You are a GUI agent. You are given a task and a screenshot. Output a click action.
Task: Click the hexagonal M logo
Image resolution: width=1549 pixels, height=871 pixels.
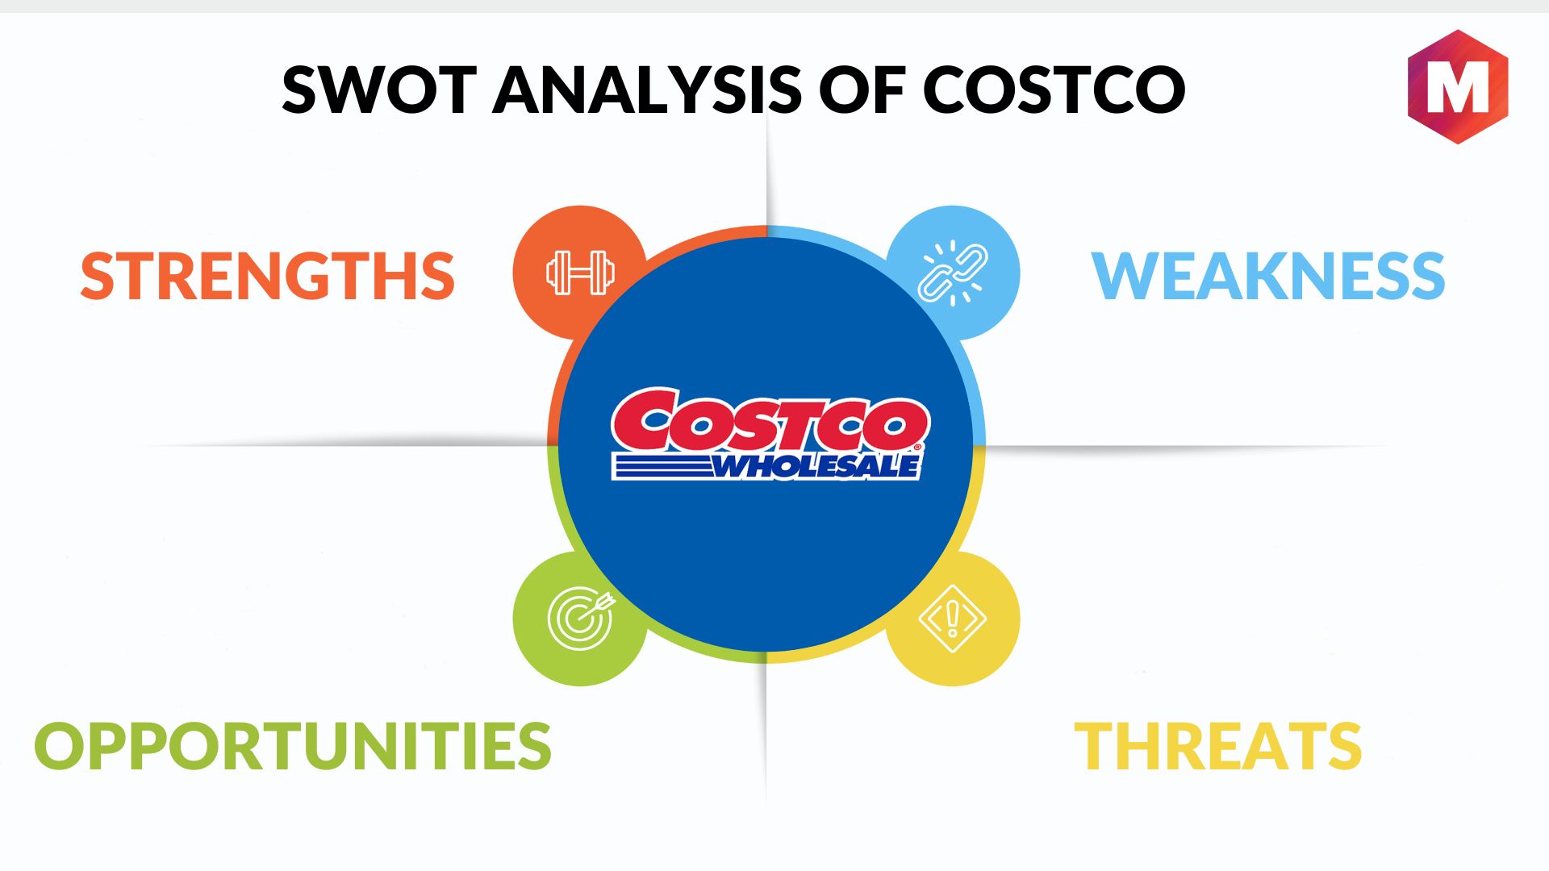tap(1458, 87)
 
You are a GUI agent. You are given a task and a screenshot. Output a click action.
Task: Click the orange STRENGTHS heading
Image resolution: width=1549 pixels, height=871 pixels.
tap(268, 276)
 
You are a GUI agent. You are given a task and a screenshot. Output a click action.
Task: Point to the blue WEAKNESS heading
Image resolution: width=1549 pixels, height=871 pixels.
tap(1268, 276)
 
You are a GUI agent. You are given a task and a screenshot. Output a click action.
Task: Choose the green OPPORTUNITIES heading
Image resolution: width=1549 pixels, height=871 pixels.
tap(293, 745)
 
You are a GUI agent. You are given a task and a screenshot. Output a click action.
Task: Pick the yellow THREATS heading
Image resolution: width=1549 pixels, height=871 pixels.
tap(1218, 745)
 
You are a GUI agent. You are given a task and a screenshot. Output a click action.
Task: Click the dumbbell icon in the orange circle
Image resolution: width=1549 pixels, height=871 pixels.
tap(580, 273)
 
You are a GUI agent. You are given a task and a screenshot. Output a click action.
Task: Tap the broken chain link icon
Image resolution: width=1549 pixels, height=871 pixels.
tap(953, 273)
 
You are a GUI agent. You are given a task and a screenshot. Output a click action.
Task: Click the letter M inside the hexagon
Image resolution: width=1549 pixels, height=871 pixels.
tap(1458, 88)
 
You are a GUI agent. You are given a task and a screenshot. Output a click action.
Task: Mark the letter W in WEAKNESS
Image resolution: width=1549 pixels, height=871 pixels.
tap(1122, 276)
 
